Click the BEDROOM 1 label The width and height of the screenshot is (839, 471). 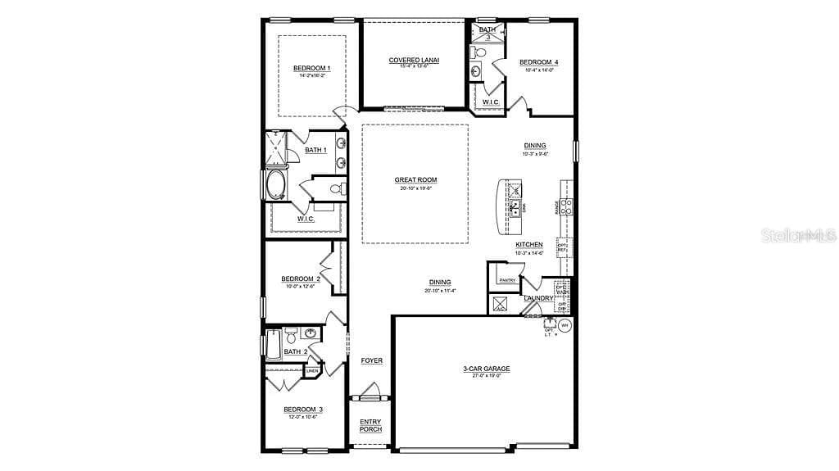(x=311, y=68)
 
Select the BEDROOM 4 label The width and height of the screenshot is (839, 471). (x=539, y=62)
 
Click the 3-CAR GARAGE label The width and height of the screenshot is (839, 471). (x=486, y=369)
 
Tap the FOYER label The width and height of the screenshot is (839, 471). (x=372, y=360)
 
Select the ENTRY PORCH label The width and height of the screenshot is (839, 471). (x=371, y=426)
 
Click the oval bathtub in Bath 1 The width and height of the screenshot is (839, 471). (x=275, y=184)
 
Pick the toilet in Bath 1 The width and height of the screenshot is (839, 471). (x=336, y=189)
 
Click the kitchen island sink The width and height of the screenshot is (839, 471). (x=516, y=205)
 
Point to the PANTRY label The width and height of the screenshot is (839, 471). (x=506, y=281)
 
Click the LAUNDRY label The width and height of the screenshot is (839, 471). (x=539, y=298)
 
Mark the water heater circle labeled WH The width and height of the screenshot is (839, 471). (x=564, y=325)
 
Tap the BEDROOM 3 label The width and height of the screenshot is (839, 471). (x=301, y=410)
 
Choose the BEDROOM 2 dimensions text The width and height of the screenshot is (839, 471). (x=300, y=286)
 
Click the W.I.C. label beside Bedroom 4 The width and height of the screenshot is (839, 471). (x=491, y=102)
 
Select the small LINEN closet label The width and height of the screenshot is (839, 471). (x=311, y=371)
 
